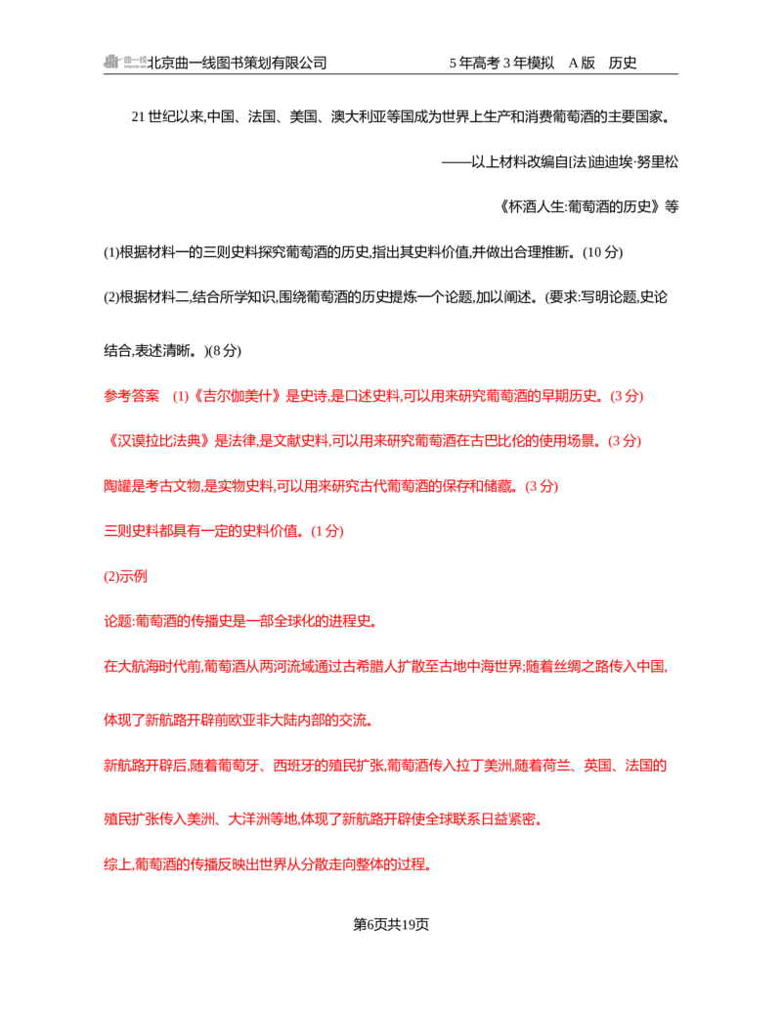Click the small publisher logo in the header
(125, 62)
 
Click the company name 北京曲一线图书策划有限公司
(238, 63)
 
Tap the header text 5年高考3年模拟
(501, 63)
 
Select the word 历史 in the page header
(623, 63)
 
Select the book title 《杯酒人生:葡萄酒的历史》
(580, 207)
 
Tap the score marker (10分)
(603, 252)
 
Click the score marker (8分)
(223, 351)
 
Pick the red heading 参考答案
(131, 396)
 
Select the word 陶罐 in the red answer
(117, 486)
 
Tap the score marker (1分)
(326, 531)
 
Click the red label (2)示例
(125, 577)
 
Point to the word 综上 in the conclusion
(117, 864)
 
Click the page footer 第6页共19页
(391, 925)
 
